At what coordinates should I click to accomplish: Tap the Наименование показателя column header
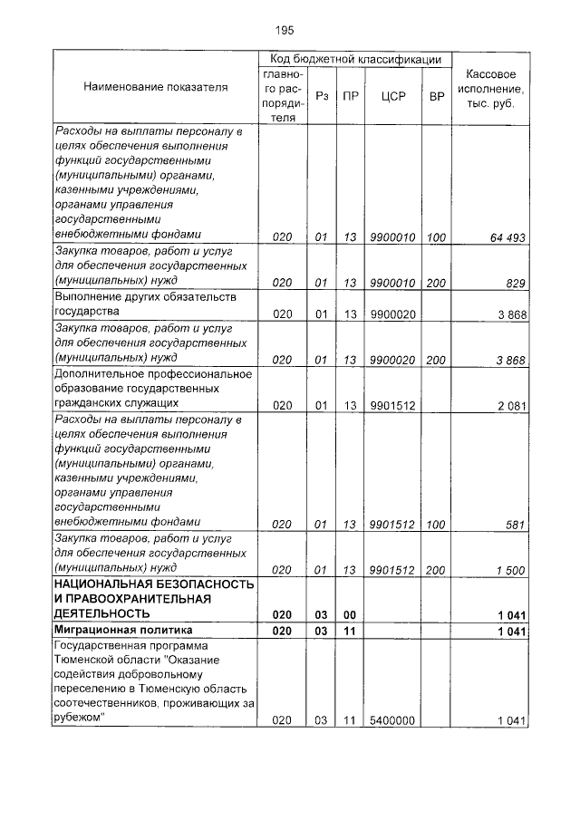coord(156,87)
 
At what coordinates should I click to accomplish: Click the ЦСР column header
coord(393,95)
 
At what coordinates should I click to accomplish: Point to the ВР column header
coord(437,95)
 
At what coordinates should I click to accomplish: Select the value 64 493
coord(508,237)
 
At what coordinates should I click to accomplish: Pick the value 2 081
coord(511,405)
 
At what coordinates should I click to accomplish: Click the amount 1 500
coord(511,569)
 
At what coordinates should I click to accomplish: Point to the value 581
coord(516,524)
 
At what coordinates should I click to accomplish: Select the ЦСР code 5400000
coord(392,720)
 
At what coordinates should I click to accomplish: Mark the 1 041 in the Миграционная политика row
coord(511,631)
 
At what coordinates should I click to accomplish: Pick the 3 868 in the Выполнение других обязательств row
coord(511,314)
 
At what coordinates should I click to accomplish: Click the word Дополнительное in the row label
coord(97,373)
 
